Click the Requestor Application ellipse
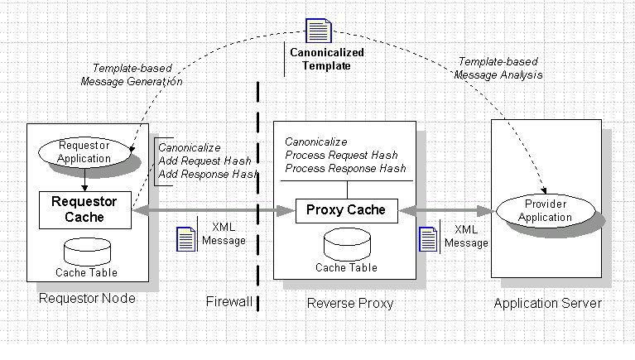[x=84, y=152]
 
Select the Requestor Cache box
[x=84, y=209]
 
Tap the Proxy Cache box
[x=346, y=209]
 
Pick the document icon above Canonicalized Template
[x=318, y=31]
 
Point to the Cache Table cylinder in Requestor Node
[x=86, y=251]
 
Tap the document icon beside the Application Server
[x=428, y=239]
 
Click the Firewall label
[x=229, y=302]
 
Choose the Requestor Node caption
[x=87, y=299]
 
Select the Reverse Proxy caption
[x=350, y=303]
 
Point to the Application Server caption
[x=547, y=303]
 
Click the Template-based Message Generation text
[x=132, y=75]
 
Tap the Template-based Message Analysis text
[x=498, y=68]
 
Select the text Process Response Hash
[x=345, y=168]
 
